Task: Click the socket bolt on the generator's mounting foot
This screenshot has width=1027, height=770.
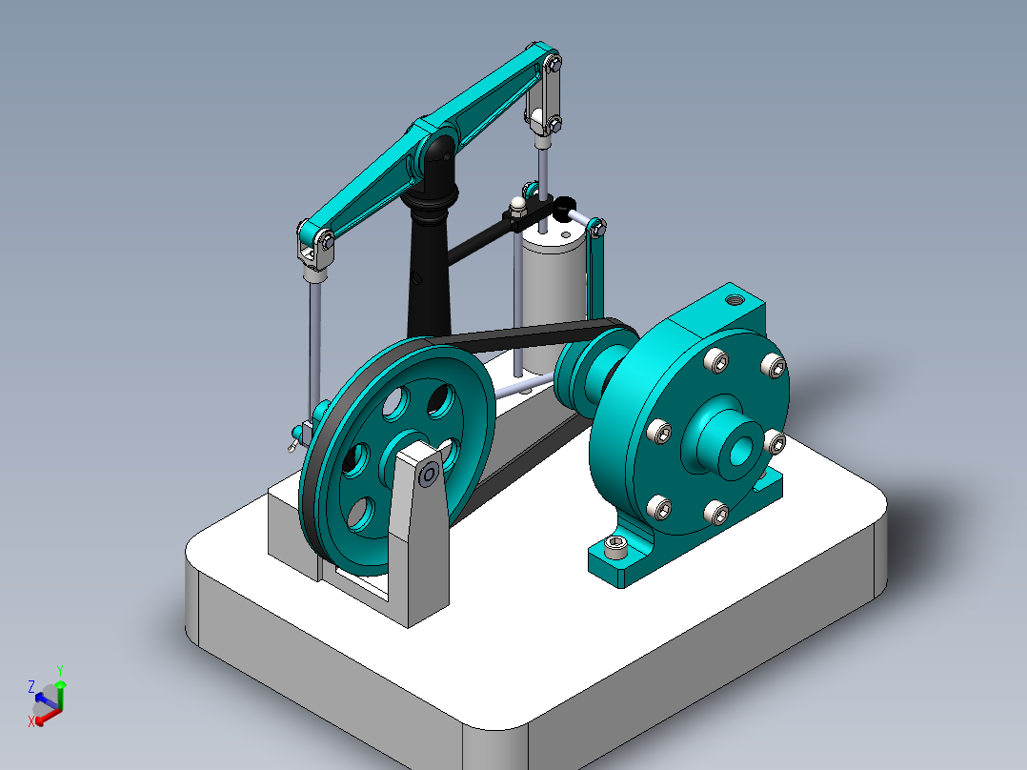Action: click(617, 548)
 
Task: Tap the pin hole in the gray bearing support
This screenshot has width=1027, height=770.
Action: click(429, 473)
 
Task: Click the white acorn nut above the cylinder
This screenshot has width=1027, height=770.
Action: click(517, 204)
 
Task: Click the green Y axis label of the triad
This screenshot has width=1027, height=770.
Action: click(59, 670)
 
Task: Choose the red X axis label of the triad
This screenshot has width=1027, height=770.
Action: click(30, 721)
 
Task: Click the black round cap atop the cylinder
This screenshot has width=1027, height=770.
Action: click(564, 203)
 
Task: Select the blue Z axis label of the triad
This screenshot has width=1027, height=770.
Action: click(31, 686)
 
